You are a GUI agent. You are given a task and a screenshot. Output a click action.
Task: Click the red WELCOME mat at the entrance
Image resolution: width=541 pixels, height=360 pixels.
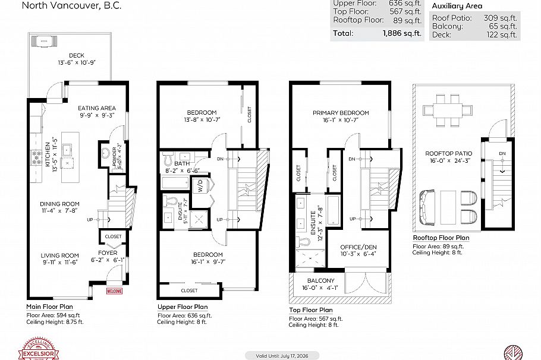[x=114, y=291]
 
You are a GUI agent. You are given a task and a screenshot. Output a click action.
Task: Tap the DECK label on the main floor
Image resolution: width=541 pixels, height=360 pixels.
[x=76, y=55]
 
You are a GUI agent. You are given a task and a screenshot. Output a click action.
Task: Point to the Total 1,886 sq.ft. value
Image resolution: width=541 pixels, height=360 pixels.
[x=403, y=33]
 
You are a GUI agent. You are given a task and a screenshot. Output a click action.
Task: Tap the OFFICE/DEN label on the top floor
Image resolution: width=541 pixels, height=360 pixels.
[x=358, y=247]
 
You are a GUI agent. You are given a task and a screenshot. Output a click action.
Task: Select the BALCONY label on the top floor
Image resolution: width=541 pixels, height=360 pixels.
[x=321, y=280]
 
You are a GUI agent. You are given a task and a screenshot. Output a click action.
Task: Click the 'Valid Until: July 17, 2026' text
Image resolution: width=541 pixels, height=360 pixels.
[x=282, y=355]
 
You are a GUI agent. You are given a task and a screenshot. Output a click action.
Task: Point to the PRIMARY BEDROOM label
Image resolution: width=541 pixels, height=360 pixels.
[x=341, y=113]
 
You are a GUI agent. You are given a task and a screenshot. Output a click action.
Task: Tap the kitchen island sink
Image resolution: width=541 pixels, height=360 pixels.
[x=67, y=149]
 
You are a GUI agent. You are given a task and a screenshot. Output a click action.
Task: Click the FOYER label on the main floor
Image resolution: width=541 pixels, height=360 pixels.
[x=108, y=252]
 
